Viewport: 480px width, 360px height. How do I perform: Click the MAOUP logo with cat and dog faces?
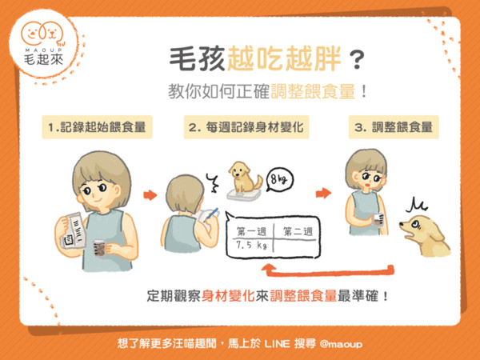(x=43, y=43)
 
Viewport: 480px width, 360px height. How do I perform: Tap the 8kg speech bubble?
(x=279, y=180)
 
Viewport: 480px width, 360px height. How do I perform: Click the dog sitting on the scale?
(x=245, y=177)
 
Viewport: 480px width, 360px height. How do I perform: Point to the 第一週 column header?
(x=251, y=231)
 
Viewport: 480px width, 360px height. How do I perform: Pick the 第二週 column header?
(x=298, y=231)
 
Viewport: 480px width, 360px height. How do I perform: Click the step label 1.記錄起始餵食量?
(x=97, y=127)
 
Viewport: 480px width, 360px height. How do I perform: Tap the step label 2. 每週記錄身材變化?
(x=246, y=127)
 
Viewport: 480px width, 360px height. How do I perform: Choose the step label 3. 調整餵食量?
(x=394, y=127)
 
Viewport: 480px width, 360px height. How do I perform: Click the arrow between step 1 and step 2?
(x=150, y=195)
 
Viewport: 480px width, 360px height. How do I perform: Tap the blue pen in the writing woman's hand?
(x=210, y=215)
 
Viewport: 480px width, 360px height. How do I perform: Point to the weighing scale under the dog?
(x=244, y=194)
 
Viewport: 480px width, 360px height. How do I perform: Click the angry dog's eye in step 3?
(x=416, y=224)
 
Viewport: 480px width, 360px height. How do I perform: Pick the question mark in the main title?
(x=357, y=60)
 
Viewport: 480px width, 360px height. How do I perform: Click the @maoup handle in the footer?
(x=341, y=344)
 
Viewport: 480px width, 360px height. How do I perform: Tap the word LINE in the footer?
(x=277, y=344)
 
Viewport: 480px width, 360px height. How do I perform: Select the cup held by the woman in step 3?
(x=378, y=220)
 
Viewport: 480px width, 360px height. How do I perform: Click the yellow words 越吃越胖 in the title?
(x=284, y=58)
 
